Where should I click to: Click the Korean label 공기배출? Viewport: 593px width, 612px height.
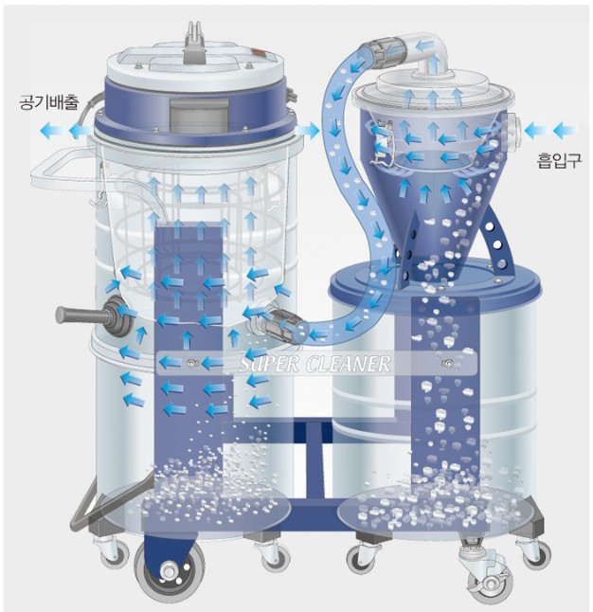click(x=49, y=102)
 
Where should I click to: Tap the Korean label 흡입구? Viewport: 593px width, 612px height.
click(x=559, y=160)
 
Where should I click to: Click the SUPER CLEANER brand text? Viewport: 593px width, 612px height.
click(x=314, y=364)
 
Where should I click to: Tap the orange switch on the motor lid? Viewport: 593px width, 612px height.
click(x=259, y=52)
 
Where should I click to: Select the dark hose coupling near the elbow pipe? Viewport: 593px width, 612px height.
click(x=387, y=50)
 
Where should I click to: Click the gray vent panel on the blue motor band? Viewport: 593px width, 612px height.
click(x=198, y=114)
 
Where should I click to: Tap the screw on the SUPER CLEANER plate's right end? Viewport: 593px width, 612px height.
click(x=449, y=364)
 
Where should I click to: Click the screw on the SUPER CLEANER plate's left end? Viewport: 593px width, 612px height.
click(x=191, y=363)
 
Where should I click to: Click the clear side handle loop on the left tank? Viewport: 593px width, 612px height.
click(x=63, y=171)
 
